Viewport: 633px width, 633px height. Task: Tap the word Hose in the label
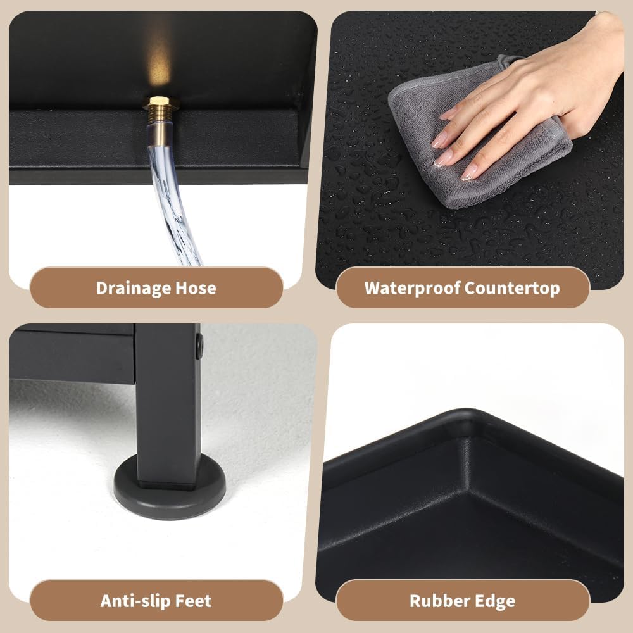196,288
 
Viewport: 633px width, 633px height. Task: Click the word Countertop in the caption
512,288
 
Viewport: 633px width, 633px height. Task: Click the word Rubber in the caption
439,601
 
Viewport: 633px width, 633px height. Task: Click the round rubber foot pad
170,491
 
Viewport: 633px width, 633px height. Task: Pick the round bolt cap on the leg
199,346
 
